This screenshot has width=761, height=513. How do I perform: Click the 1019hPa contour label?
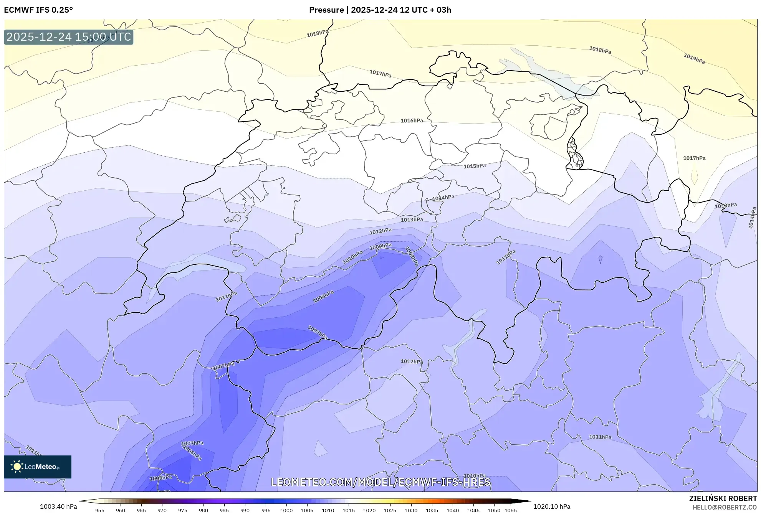694,59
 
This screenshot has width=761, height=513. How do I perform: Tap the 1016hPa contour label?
412,120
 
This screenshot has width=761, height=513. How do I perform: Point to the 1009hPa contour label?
380,246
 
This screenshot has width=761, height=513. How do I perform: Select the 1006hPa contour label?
192,452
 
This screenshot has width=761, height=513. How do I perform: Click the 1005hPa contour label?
160,478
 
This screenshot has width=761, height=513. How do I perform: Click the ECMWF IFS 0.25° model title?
38,10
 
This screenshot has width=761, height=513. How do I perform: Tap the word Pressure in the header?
326,10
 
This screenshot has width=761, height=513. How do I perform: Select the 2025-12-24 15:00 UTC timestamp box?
69,37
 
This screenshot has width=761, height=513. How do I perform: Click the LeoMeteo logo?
38,467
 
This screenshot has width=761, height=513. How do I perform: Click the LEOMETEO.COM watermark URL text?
380,482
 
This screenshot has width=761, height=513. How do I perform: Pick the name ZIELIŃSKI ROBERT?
723,498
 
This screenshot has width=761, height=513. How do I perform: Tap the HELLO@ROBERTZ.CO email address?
724,507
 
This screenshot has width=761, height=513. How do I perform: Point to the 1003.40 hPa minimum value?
58,506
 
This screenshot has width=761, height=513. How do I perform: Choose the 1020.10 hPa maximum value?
552,506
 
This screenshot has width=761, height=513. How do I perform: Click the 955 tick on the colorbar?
100,510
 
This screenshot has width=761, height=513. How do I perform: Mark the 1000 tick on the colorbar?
286,510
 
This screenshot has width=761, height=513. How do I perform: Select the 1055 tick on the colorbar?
510,510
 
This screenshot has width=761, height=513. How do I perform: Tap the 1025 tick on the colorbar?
390,510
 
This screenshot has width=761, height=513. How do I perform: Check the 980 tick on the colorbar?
203,510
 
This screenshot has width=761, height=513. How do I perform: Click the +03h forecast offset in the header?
443,10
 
